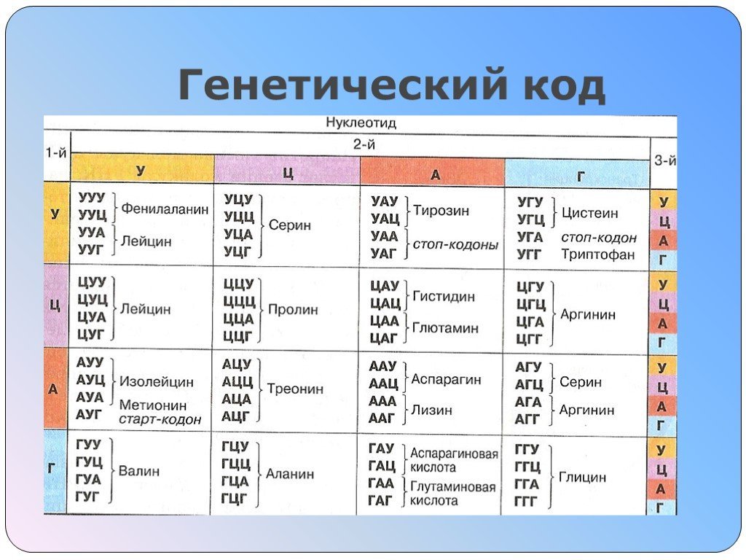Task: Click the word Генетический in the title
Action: pyautogui.click(x=339, y=85)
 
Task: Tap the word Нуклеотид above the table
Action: pyautogui.click(x=361, y=122)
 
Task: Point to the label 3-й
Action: pyautogui.click(x=664, y=161)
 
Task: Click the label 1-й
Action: pyautogui.click(x=56, y=153)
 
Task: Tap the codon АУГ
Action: pyautogui.click(x=89, y=415)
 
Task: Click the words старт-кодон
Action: pyautogui.click(x=160, y=419)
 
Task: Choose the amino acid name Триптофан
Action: pyautogui.click(x=598, y=254)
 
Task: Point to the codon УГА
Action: pyautogui.click(x=530, y=237)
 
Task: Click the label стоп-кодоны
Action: pyautogui.click(x=455, y=245)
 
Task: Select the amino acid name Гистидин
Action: pyautogui.click(x=444, y=296)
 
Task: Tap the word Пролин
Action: pyautogui.click(x=293, y=309)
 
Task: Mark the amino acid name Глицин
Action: pyautogui.click(x=582, y=477)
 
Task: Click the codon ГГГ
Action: pyautogui.click(x=525, y=502)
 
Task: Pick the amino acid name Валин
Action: pyautogui.click(x=139, y=471)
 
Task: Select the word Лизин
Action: pyautogui.click(x=431, y=410)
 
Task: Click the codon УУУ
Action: pyautogui.click(x=92, y=197)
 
